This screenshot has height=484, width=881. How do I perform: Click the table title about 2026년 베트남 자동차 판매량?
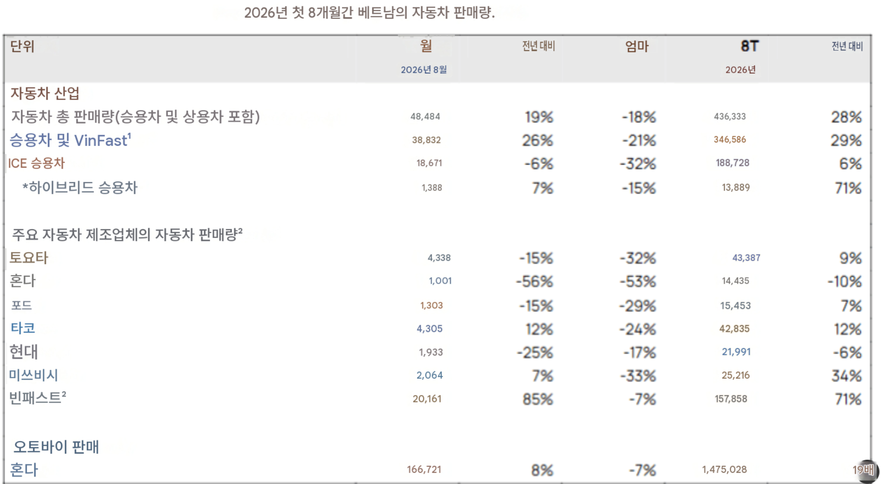369,13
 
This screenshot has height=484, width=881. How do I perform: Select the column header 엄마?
637,46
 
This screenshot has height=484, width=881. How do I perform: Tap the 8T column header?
750,46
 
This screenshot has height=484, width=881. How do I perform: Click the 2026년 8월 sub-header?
423,70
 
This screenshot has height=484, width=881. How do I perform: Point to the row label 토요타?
29,258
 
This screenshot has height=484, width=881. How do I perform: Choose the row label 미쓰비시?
34,375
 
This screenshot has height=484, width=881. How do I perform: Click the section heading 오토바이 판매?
56,447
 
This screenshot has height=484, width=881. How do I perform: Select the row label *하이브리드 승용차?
80,187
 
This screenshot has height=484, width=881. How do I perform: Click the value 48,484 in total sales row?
425,116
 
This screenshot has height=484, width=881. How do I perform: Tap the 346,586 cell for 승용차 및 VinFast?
730,139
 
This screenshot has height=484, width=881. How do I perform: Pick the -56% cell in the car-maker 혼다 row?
534,281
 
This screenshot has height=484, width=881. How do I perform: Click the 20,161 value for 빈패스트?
427,399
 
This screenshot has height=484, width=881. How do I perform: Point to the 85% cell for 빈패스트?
538,399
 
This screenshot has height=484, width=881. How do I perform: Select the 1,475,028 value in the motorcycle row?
724,470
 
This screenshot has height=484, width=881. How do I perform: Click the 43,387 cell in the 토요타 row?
746,258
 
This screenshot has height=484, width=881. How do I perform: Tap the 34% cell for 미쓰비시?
847,375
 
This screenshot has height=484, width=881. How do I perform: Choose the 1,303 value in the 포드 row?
431,306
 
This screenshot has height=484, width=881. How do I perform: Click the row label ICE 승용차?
36,163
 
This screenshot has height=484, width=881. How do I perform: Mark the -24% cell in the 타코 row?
637,329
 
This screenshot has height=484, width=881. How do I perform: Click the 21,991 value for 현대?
736,352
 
